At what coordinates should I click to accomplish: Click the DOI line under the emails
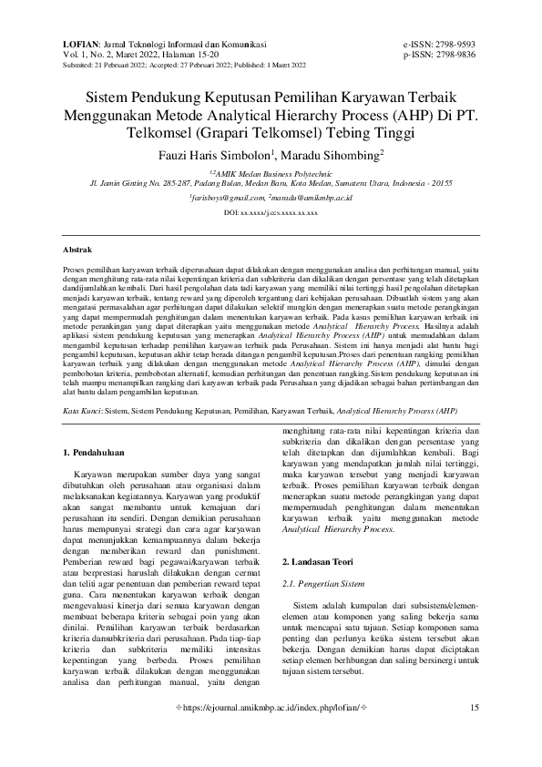(271, 212)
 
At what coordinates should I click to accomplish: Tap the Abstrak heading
(77, 248)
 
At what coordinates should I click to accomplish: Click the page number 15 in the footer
(474, 733)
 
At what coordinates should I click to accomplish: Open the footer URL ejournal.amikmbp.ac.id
(271, 733)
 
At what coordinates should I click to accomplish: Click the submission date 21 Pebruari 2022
(133, 66)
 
